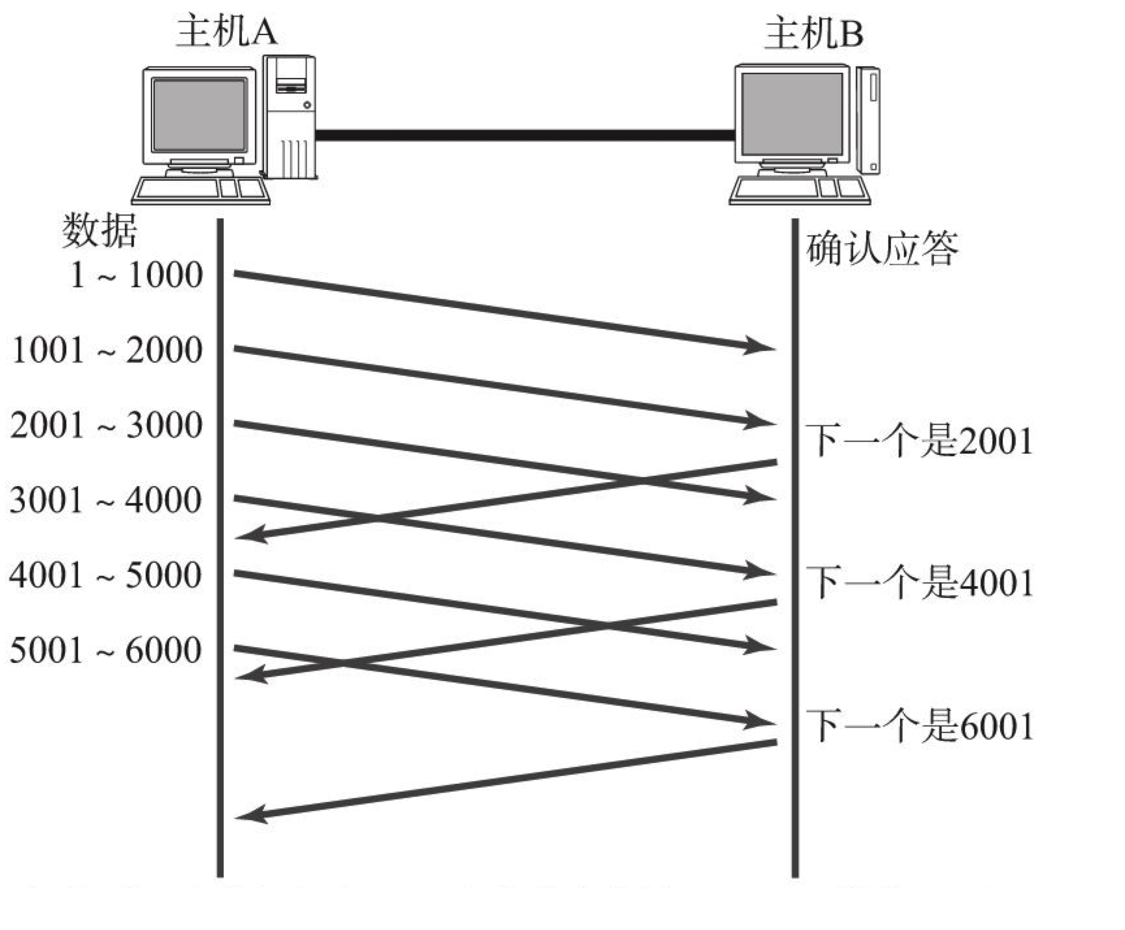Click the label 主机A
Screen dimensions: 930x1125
[x=226, y=31]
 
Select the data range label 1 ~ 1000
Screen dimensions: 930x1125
[x=137, y=275]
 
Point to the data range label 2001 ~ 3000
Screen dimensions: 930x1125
[x=107, y=426]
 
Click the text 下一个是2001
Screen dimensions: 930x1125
[x=920, y=441]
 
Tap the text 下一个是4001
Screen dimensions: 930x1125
[x=920, y=582]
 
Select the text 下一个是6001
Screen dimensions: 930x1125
[x=920, y=726]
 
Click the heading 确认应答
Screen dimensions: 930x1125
[x=882, y=248]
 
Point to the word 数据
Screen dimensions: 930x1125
[x=99, y=231]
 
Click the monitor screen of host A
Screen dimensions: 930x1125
[x=199, y=116]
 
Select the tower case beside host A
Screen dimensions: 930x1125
[x=290, y=117]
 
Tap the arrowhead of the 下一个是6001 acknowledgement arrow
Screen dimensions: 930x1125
[x=250, y=814]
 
